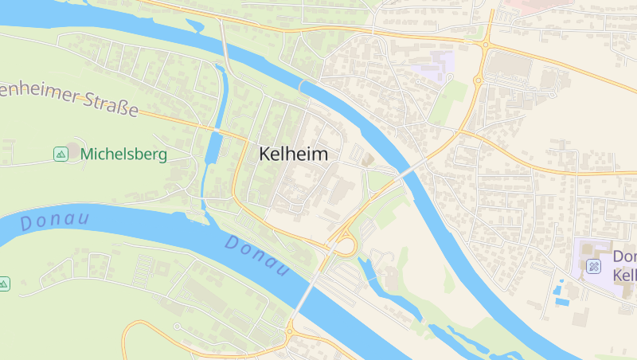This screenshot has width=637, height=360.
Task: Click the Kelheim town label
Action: click(293, 155)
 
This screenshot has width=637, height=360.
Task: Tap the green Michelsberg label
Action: click(123, 154)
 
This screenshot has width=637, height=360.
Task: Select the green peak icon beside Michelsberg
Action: click(61, 154)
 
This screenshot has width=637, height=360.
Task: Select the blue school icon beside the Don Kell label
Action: click(593, 266)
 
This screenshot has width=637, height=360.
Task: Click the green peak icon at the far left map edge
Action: click(4, 284)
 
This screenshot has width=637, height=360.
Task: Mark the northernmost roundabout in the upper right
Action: click(484, 45)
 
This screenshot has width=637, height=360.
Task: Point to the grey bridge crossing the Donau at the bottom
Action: click(307, 291)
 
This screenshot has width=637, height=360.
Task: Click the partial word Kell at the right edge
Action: click(624, 275)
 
